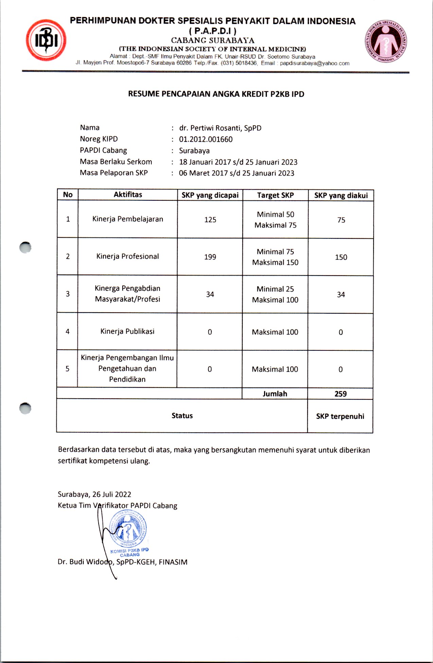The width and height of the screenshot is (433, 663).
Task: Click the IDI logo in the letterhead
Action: click(46, 40)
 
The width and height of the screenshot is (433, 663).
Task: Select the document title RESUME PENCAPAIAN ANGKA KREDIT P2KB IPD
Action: click(216, 94)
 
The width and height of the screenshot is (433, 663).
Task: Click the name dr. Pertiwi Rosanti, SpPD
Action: click(220, 128)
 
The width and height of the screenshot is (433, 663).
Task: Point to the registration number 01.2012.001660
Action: click(206, 139)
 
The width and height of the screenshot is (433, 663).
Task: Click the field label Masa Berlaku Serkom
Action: click(116, 162)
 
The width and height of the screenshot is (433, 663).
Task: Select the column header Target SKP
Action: click(275, 195)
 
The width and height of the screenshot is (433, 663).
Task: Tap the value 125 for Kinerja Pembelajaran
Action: click(210, 220)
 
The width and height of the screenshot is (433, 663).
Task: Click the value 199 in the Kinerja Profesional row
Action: click(210, 257)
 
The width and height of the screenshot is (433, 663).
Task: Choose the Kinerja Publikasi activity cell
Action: click(127, 331)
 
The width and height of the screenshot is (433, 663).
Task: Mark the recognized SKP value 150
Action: click(341, 258)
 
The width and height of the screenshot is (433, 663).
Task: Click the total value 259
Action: click(341, 394)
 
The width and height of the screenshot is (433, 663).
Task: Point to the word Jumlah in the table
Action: click(275, 394)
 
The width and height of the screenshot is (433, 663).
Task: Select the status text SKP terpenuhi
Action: click(340, 416)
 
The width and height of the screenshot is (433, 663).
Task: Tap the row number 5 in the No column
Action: click(67, 369)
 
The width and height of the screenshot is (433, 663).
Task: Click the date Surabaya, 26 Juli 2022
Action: click(94, 494)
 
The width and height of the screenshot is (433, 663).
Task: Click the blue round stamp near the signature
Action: click(128, 529)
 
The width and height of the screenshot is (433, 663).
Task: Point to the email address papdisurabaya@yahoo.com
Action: click(314, 63)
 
